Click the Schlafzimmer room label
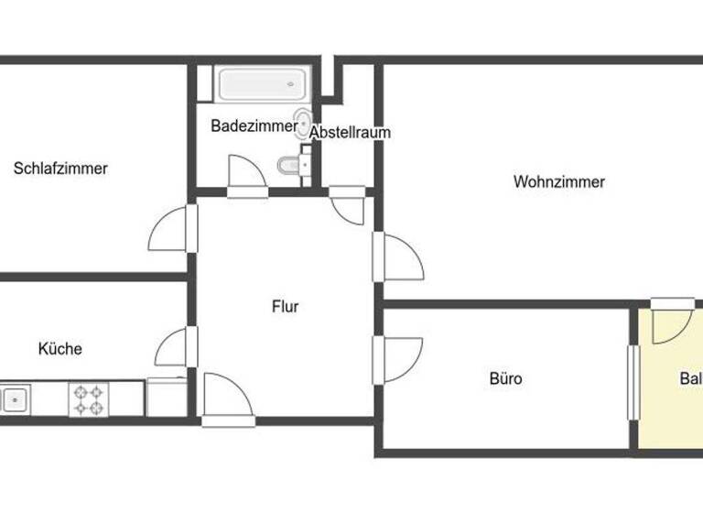61,169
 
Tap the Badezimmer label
254,126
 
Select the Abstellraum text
350,133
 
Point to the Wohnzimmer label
558,182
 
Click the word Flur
285,307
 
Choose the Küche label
60,349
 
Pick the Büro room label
505,377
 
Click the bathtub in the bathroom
262,84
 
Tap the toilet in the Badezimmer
290,166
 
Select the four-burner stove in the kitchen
88,398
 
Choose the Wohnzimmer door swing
401,259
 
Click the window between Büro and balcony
631,382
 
